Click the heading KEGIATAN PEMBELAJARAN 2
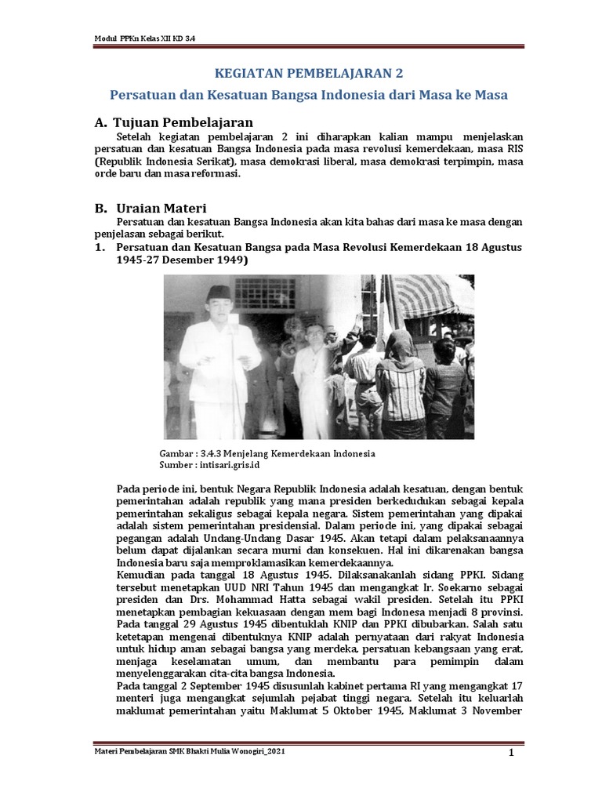click(x=308, y=74)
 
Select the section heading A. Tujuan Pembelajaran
click(x=173, y=122)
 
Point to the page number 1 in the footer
click(x=510, y=754)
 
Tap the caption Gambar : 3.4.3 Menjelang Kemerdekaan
click(x=267, y=454)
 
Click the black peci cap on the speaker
click(x=219, y=294)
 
